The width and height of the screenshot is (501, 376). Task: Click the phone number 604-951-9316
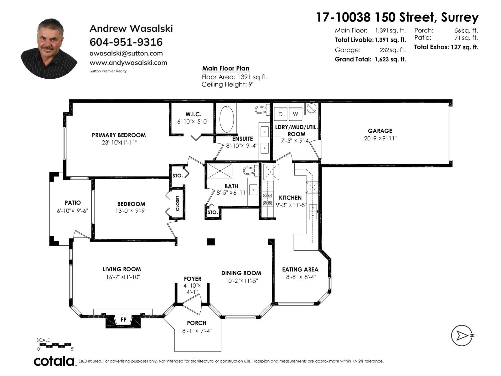point(126,42)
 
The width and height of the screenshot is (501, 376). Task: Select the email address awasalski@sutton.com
point(126,53)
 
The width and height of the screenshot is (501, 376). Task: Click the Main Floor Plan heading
point(225,68)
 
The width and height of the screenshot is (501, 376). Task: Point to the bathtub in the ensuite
point(227,119)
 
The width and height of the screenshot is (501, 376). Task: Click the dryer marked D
point(281,114)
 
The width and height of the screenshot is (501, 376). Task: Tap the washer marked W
point(295,114)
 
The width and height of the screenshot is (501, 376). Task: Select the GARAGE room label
point(380,131)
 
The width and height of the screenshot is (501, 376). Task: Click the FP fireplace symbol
point(123,320)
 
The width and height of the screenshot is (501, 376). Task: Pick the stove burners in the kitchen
point(267,199)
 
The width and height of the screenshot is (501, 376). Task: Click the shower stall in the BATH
point(220,171)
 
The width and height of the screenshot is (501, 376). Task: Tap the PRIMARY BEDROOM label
point(119,135)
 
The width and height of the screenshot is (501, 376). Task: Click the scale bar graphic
point(55,345)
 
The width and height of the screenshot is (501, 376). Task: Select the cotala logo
point(54,361)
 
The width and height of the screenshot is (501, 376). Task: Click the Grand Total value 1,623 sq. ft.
point(390,60)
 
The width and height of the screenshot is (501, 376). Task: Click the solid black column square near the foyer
point(211,242)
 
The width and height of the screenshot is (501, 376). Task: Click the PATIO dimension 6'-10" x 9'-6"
point(72,211)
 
